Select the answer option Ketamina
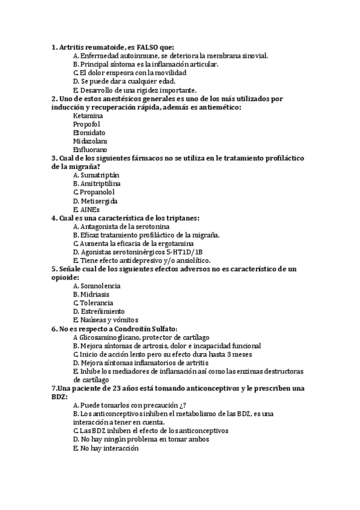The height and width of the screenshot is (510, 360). [x=88, y=115]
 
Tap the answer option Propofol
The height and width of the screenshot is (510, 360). [x=87, y=124]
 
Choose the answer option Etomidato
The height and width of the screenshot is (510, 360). [x=89, y=132]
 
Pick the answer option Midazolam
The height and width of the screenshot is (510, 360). [x=90, y=141]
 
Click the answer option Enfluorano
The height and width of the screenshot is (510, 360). [x=90, y=149]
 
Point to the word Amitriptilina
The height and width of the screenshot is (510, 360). [x=101, y=183]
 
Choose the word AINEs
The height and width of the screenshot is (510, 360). [x=90, y=209]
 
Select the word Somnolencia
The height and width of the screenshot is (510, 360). [x=100, y=286]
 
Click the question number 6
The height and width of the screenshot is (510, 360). [x=55, y=329]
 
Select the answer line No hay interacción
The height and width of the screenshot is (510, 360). [x=105, y=448]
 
